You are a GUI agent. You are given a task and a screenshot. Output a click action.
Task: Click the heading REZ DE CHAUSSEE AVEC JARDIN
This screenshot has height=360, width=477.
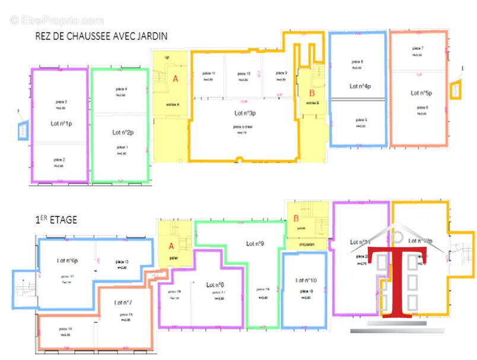point(101,36)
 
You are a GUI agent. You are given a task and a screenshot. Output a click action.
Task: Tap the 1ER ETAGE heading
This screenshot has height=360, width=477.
point(56,219)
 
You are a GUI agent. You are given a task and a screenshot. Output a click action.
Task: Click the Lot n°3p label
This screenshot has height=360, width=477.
point(244,113)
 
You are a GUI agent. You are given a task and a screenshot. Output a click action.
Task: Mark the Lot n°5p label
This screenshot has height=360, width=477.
point(421,93)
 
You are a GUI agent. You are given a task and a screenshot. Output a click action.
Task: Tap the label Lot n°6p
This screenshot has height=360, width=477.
point(69,260)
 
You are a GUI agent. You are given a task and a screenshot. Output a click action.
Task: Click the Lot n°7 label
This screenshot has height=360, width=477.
point(122,303)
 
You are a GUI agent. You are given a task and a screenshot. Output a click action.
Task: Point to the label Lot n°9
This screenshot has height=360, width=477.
point(255,243)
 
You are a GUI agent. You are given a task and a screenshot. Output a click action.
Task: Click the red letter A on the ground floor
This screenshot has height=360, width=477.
point(175,78)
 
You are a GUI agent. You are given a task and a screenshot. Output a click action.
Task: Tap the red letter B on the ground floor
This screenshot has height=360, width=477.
point(311,93)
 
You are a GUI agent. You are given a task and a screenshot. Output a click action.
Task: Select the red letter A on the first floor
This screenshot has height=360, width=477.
point(171,246)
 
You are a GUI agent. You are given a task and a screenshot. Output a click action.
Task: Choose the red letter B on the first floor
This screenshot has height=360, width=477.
point(296,218)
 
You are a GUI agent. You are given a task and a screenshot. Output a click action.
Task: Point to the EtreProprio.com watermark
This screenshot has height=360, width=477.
point(56,20)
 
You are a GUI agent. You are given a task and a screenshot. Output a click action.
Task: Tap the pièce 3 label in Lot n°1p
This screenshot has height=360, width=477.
point(60,102)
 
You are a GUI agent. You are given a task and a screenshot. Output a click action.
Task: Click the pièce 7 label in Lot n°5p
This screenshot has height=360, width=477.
point(418,48)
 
